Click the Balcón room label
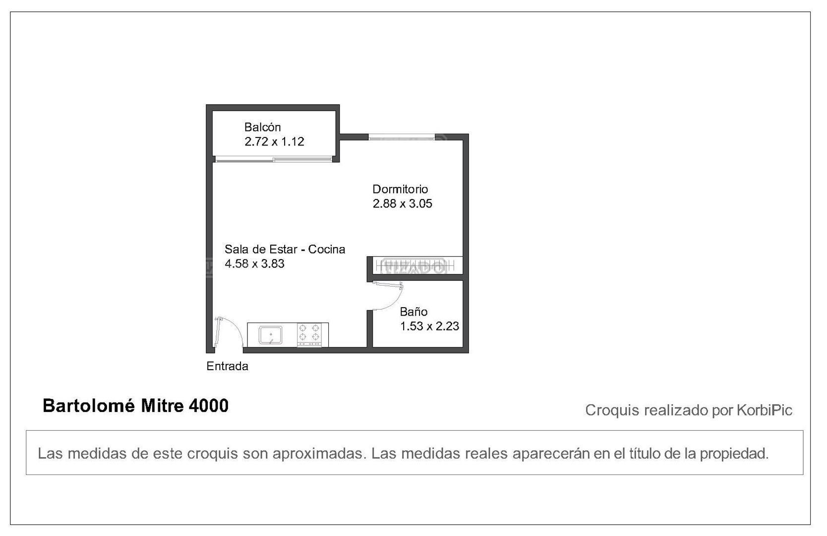tap(262, 127)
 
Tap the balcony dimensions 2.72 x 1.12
tap(274, 141)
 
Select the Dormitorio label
tap(400, 189)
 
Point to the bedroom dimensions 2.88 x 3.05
tap(403, 203)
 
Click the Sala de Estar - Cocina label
tap(285, 250)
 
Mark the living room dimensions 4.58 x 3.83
tap(254, 264)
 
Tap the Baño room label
tap(413, 312)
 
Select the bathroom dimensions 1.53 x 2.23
tap(430, 327)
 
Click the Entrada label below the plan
tap(228, 366)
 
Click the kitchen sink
tap(271, 335)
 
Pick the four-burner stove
tap(309, 335)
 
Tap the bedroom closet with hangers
tap(417, 266)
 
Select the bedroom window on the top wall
tap(402, 137)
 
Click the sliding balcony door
tap(274, 159)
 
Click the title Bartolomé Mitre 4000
tap(136, 406)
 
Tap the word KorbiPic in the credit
tap(765, 410)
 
